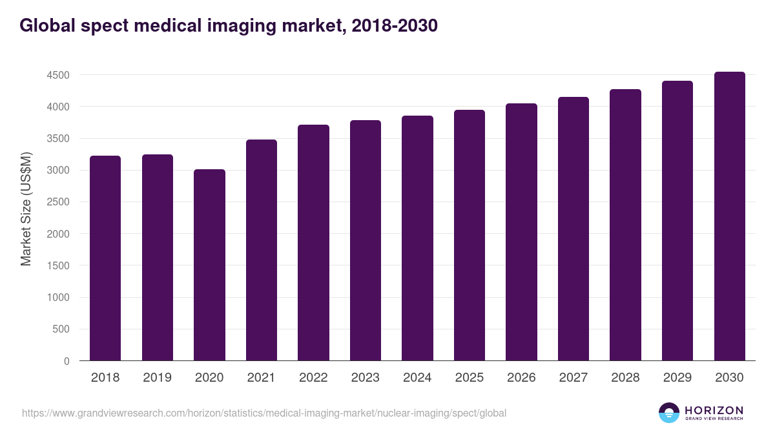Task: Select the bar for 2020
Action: [209, 265]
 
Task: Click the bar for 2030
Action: [729, 216]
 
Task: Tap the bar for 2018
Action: [105, 258]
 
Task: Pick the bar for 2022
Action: [313, 243]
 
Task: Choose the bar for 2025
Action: [470, 235]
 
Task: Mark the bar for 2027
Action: [573, 229]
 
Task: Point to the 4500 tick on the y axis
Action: [57, 75]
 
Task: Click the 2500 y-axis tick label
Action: [57, 202]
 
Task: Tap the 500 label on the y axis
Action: [62, 329]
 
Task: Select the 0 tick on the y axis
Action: [67, 361]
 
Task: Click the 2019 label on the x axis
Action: [157, 378]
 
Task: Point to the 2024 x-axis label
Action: [417, 378]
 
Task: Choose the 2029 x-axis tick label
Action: [677, 378]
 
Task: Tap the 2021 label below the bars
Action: [261, 378]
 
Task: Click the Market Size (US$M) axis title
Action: [26, 209]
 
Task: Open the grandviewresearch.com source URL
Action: [263, 413]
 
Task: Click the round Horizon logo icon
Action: [669, 413]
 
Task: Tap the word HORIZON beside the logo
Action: [714, 410]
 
